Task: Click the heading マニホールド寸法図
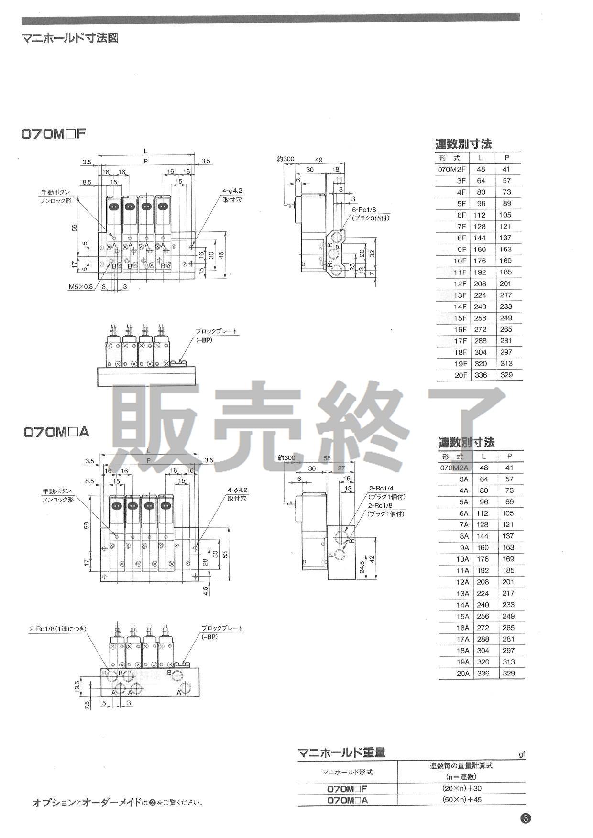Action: pyautogui.click(x=70, y=38)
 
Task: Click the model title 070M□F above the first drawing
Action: pyautogui.click(x=54, y=134)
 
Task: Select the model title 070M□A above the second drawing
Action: pyautogui.click(x=56, y=432)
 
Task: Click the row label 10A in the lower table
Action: pyautogui.click(x=462, y=559)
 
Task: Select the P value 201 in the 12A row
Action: pyautogui.click(x=508, y=582)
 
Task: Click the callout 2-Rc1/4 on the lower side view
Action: pyautogui.click(x=380, y=489)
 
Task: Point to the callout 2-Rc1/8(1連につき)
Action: pyautogui.click(x=58, y=629)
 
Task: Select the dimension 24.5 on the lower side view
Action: pyautogui.click(x=362, y=567)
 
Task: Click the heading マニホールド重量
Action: pyautogui.click(x=341, y=753)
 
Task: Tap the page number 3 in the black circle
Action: pyautogui.click(x=526, y=818)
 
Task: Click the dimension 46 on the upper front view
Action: pyautogui.click(x=221, y=255)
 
